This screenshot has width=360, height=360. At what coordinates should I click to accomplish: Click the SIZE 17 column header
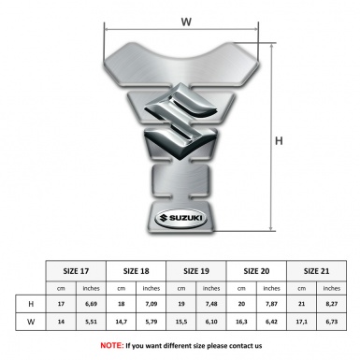point(78,269)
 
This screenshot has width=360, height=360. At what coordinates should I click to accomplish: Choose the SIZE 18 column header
point(137,269)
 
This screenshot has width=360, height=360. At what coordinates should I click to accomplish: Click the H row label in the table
point(32,304)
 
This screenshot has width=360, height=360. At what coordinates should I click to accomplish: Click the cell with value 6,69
point(92,304)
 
